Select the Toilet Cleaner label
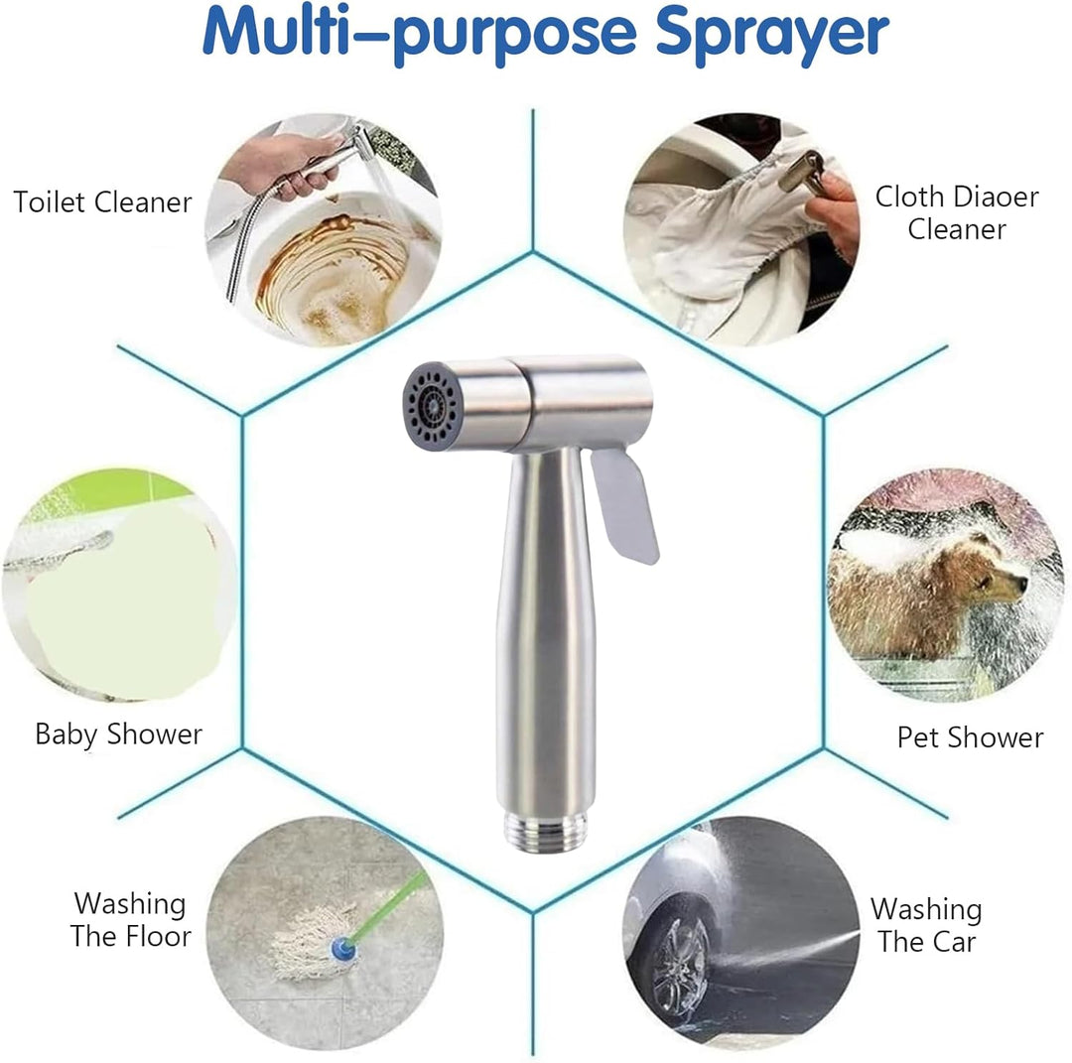pyautogui.click(x=102, y=202)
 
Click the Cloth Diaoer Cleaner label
pyautogui.click(x=956, y=212)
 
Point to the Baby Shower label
pyautogui.click(x=118, y=734)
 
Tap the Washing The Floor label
pyautogui.click(x=130, y=920)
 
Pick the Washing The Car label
pyautogui.click(x=925, y=925)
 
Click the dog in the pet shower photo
pyautogui.click(x=923, y=596)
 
